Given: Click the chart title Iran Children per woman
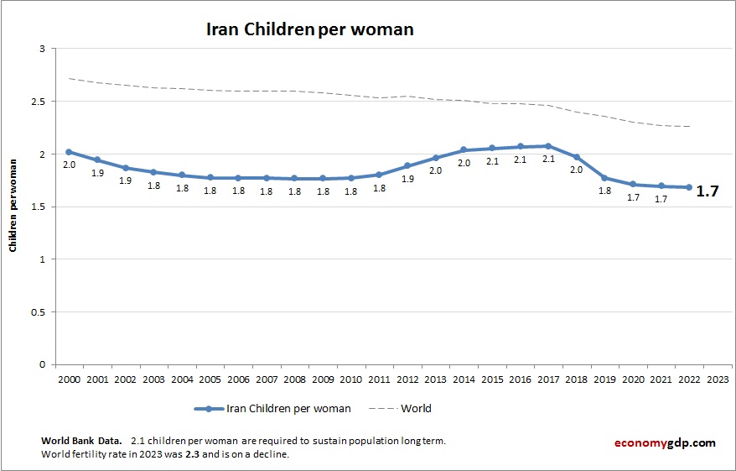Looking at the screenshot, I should (310, 29).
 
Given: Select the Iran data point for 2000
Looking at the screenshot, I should (69, 152).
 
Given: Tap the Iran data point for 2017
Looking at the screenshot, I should (547, 146).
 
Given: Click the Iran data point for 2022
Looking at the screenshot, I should (689, 187).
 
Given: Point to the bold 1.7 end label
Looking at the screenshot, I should (707, 191).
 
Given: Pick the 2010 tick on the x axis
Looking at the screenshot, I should (350, 379).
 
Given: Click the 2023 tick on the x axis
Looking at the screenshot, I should (718, 379).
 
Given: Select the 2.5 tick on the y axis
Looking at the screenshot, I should (38, 102).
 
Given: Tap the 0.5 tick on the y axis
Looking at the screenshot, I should (38, 312).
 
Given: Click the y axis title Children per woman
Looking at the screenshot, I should (13, 207).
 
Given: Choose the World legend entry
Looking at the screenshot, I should (416, 409).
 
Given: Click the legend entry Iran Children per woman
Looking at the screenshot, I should (288, 409).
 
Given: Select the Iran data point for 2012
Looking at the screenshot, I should (407, 165).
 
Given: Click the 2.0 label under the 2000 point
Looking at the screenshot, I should (69, 165).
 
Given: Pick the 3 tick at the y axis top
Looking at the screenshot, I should (41, 49).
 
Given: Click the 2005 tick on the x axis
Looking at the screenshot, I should (210, 379).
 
